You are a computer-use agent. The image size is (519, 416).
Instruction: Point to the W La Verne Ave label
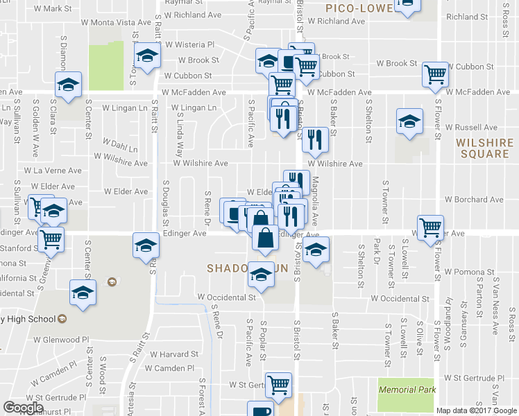click(49, 170)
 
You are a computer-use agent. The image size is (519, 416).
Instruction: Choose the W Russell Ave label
click(471, 128)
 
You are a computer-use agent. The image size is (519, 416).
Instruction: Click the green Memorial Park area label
click(408, 390)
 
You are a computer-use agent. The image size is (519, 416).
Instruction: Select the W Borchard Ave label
click(484, 200)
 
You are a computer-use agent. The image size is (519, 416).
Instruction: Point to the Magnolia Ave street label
click(315, 200)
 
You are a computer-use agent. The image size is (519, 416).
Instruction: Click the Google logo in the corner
click(23, 408)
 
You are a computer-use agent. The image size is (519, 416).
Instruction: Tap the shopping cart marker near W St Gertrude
click(279, 383)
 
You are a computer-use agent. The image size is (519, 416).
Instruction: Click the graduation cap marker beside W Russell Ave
click(409, 121)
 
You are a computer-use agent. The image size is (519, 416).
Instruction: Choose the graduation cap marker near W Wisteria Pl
click(146, 56)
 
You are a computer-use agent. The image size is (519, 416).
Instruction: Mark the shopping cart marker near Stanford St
click(51, 239)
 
